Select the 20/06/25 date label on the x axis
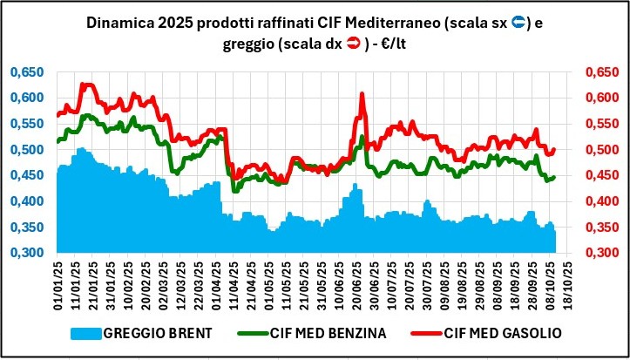pos(356,283)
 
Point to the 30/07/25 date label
pos(427,283)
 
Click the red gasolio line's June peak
pos(362,93)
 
